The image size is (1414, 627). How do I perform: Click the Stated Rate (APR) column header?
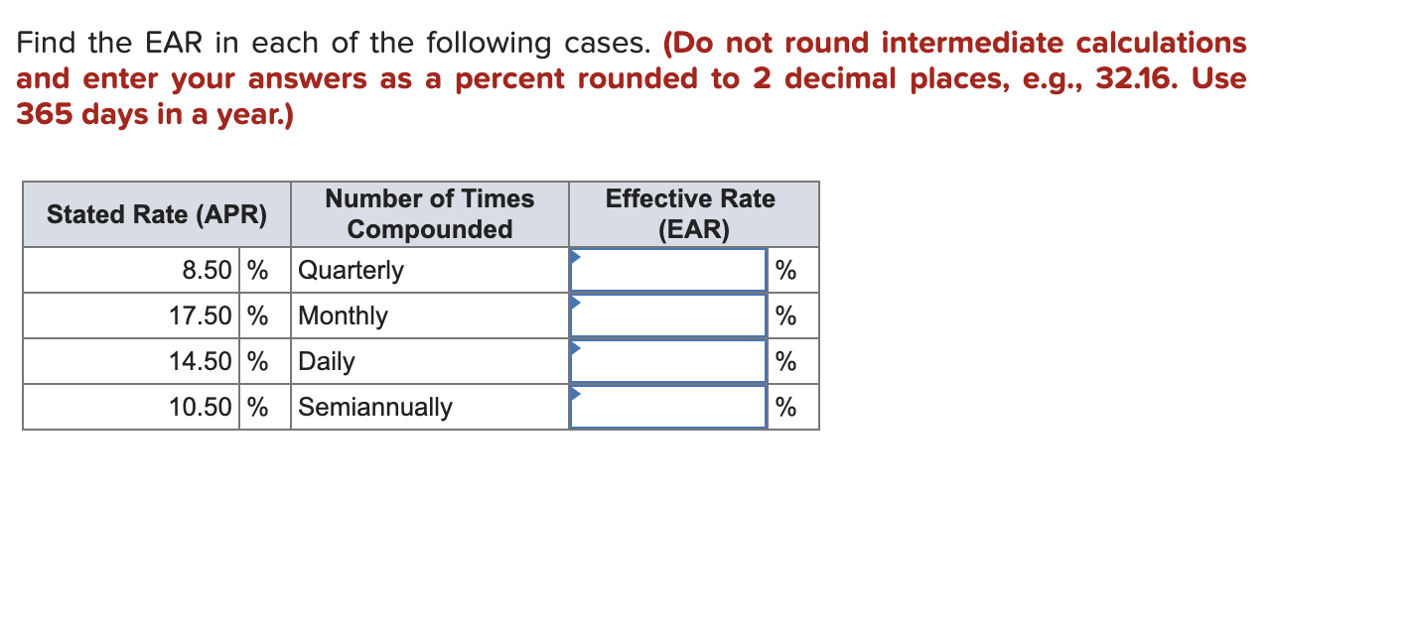click(157, 214)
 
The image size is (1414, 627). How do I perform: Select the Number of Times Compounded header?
click(429, 214)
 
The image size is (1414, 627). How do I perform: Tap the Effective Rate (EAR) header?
click(693, 214)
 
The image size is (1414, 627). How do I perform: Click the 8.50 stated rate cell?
click(208, 270)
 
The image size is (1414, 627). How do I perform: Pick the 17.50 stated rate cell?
click(201, 315)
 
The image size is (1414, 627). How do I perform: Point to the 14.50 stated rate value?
click(201, 361)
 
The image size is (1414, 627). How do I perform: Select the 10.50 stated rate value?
click(201, 407)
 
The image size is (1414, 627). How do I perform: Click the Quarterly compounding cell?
click(351, 271)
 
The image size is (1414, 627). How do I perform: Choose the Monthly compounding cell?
click(343, 316)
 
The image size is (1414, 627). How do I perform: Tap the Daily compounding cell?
click(327, 362)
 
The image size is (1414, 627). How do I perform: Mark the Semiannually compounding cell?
click(375, 408)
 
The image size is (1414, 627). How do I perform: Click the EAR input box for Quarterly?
click(668, 270)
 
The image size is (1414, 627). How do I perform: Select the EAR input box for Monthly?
click(668, 315)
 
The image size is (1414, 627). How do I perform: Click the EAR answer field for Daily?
click(668, 361)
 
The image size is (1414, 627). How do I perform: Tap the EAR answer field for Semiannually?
click(668, 407)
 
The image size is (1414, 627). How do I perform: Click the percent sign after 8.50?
click(257, 270)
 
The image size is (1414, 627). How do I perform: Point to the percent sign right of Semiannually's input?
click(785, 408)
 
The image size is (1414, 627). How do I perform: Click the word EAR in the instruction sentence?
click(174, 43)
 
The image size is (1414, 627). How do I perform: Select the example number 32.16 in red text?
click(1136, 78)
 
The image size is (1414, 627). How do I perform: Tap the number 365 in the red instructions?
click(44, 114)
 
